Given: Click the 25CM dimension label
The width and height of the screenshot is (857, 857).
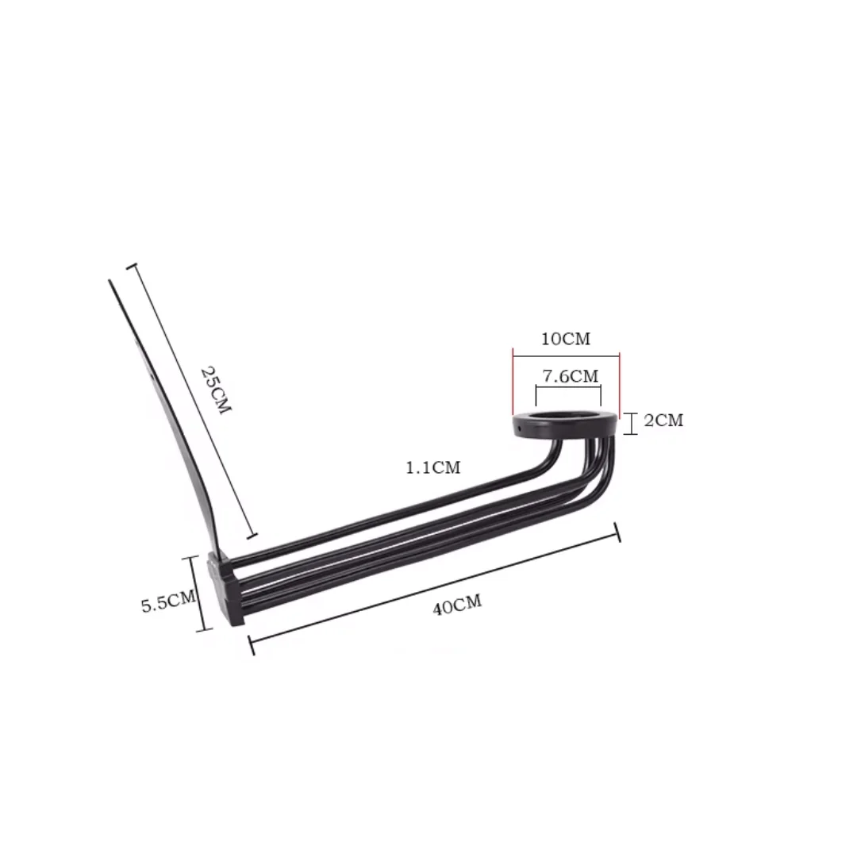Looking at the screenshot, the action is pyautogui.click(x=217, y=390).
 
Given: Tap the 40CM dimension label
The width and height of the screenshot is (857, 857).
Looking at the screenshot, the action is pyautogui.click(x=458, y=605).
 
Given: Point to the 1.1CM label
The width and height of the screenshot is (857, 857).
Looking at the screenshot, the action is pyautogui.click(x=433, y=468).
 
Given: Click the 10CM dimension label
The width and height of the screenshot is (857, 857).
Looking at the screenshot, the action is pyautogui.click(x=566, y=339).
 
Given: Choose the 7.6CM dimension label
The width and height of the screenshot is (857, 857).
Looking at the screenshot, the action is pyautogui.click(x=570, y=376).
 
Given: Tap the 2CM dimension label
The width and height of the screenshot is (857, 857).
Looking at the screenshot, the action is pyautogui.click(x=663, y=421).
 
